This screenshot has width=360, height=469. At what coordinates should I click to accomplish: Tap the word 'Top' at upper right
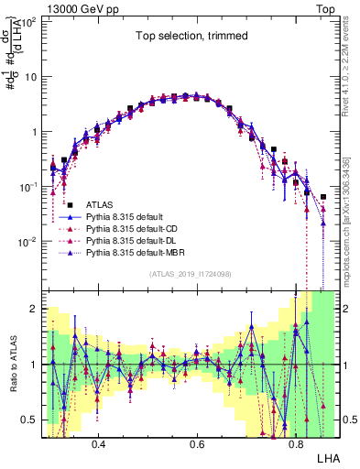pyautogui.click(x=329, y=6)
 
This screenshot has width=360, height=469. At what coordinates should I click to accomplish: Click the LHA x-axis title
pyautogui.click(x=327, y=457)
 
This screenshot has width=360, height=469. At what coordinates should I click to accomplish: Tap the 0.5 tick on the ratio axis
pyautogui.click(x=30, y=420)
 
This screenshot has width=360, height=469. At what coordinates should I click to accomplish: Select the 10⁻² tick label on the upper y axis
pyautogui.click(x=29, y=241)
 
